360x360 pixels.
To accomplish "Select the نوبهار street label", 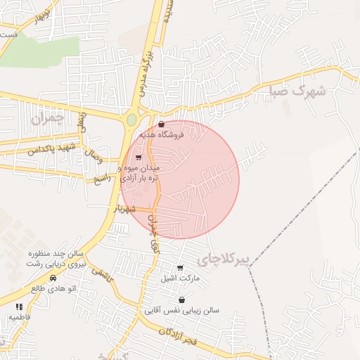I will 38,14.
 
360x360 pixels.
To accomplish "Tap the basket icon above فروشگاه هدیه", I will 161,124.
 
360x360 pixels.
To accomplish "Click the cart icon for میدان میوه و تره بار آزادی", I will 138,157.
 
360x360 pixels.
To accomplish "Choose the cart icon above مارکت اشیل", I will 181,268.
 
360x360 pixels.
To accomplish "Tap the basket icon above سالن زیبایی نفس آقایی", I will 182,300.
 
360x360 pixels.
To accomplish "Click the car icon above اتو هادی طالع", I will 53,278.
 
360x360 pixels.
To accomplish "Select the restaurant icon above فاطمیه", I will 19,307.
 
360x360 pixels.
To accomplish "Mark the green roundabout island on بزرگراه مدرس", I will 131,120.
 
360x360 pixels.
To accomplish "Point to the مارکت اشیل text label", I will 181,278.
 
